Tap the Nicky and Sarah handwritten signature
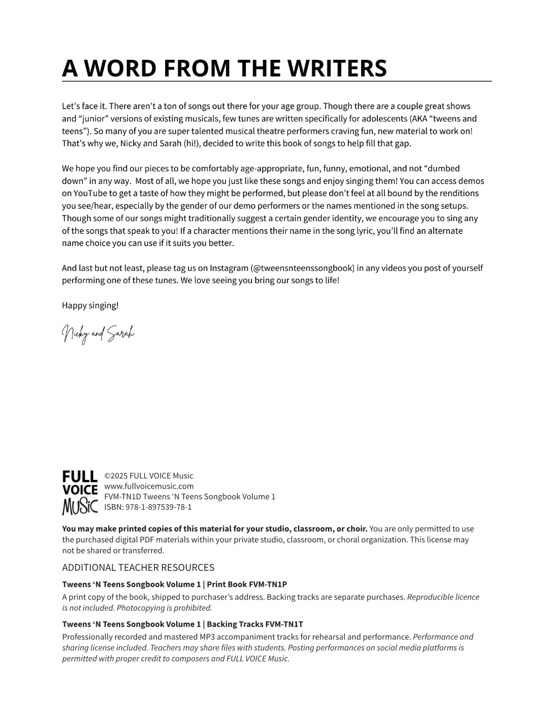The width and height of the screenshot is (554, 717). tap(98, 334)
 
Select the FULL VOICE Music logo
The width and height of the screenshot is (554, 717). tap(80, 492)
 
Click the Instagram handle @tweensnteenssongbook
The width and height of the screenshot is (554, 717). tap(302, 268)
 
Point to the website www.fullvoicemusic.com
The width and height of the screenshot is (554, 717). tap(149, 486)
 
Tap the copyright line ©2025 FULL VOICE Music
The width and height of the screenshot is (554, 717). tap(148, 475)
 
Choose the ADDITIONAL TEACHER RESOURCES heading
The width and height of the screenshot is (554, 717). tap(138, 567)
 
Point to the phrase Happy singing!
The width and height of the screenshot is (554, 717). tap(90, 305)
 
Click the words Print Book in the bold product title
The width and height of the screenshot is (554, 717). tap(227, 584)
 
